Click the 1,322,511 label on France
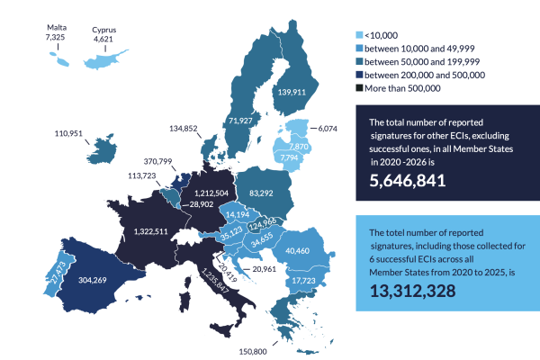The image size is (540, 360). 151,231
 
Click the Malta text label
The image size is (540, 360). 57,28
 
